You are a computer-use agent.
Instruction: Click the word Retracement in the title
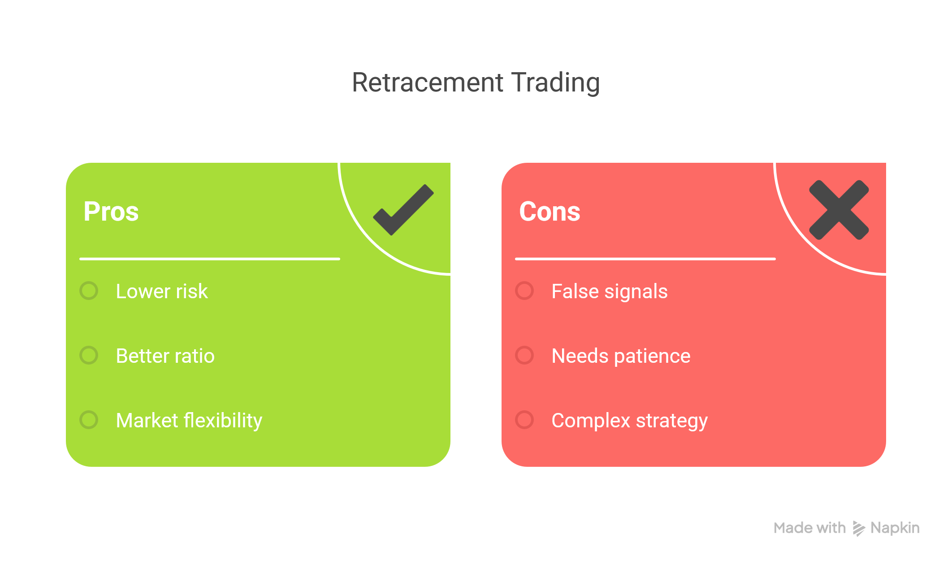pos(428,83)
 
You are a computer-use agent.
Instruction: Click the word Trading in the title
pos(556,83)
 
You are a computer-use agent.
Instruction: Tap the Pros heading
pos(111,211)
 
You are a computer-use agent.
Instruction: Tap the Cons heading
pos(550,211)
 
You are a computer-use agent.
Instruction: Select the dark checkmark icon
pos(403,210)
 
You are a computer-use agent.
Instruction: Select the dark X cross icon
pos(839,210)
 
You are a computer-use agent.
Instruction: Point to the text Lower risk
pos(162,291)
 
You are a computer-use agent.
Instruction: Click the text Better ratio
pos(165,356)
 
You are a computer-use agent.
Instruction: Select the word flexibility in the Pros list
pos(223,421)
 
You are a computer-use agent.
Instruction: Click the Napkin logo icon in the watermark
pos(858,529)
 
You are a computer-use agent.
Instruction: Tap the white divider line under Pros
pos(210,259)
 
